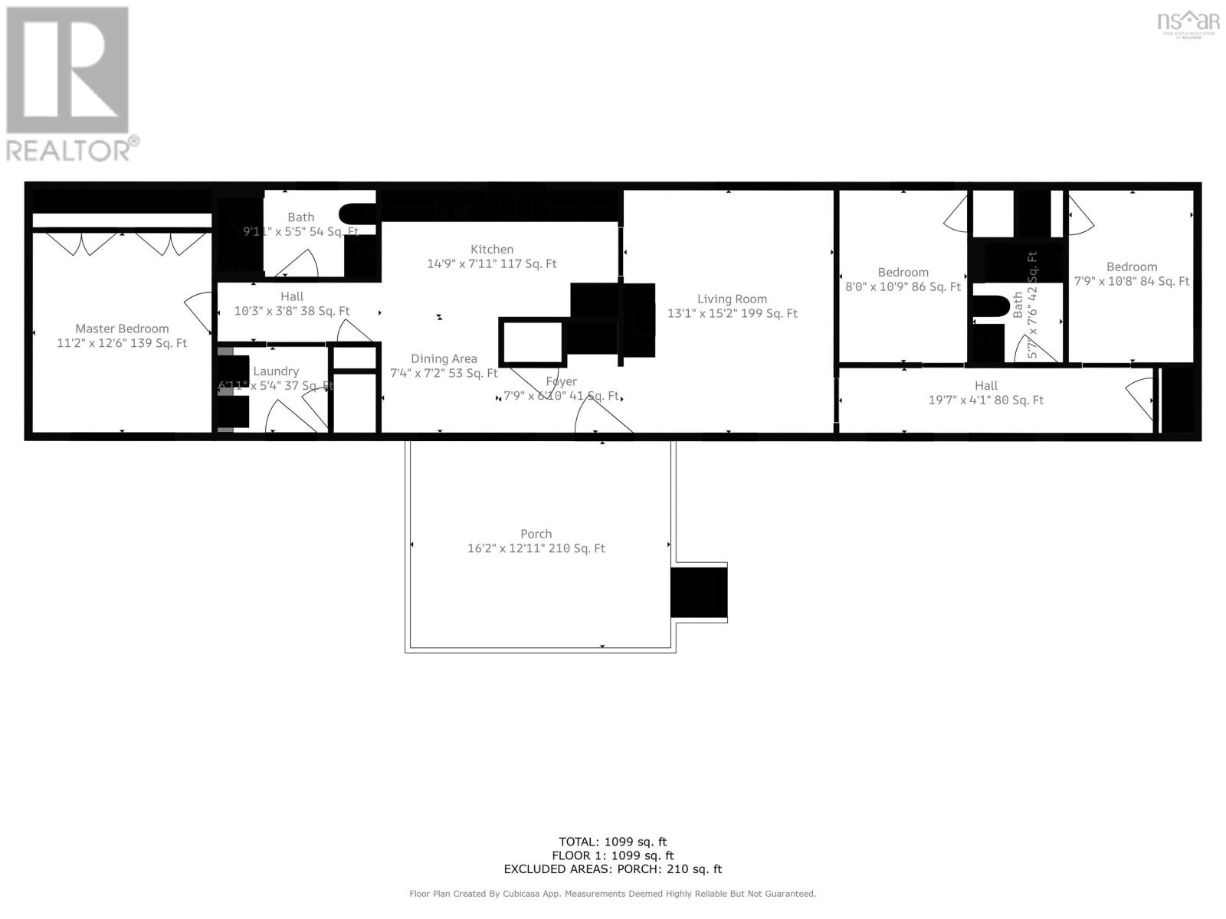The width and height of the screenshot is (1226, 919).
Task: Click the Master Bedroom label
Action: click(122, 329)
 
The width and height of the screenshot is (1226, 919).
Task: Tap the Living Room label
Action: click(732, 299)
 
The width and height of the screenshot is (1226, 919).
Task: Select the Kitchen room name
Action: click(492, 249)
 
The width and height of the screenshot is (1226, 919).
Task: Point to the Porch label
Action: click(536, 534)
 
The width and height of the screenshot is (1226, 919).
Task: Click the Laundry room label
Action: click(276, 371)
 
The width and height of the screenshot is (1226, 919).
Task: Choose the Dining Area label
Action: click(444, 358)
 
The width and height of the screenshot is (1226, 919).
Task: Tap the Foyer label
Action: click(561, 381)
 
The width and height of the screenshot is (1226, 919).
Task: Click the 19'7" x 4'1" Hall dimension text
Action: click(985, 400)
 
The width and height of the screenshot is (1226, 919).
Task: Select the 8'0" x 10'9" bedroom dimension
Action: click(903, 287)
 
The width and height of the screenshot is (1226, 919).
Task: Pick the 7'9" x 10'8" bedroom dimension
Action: click(1131, 281)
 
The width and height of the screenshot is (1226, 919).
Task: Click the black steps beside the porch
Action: click(698, 592)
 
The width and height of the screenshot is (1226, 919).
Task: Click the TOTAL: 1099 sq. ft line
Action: click(612, 842)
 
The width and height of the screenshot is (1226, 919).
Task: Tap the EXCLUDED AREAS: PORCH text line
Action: click(612, 869)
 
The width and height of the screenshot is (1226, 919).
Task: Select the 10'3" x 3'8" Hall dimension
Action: click(291, 311)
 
